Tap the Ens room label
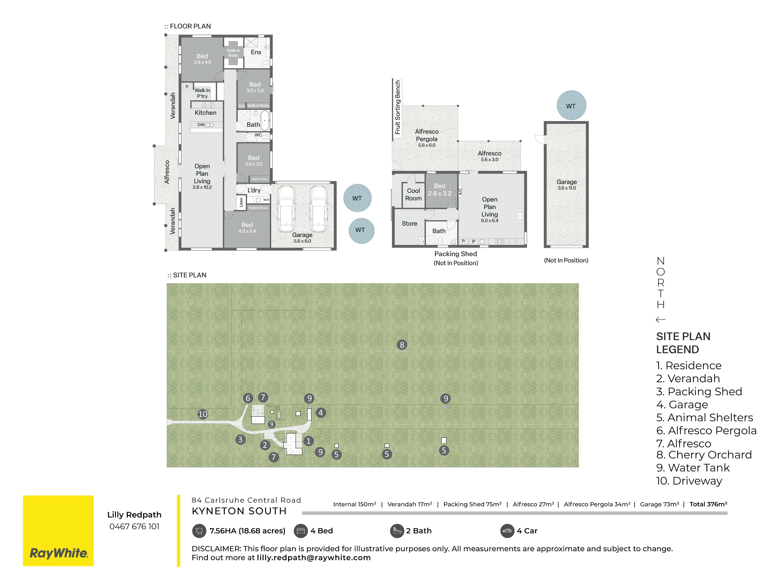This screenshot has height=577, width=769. pos(256,52)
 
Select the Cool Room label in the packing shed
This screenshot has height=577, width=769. pos(413,194)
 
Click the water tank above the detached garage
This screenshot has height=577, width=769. pos(571,105)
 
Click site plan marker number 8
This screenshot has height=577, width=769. pos(402,345)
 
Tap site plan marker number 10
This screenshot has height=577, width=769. pos(203,414)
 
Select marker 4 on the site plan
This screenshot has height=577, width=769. pos(321,413)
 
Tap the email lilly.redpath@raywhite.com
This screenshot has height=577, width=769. pos(314,558)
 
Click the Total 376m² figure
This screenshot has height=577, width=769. pos(708,504)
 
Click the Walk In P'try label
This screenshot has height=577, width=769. pos(202,93)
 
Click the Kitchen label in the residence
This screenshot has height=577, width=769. pos(205,113)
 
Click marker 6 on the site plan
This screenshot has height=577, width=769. pos(248,398)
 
